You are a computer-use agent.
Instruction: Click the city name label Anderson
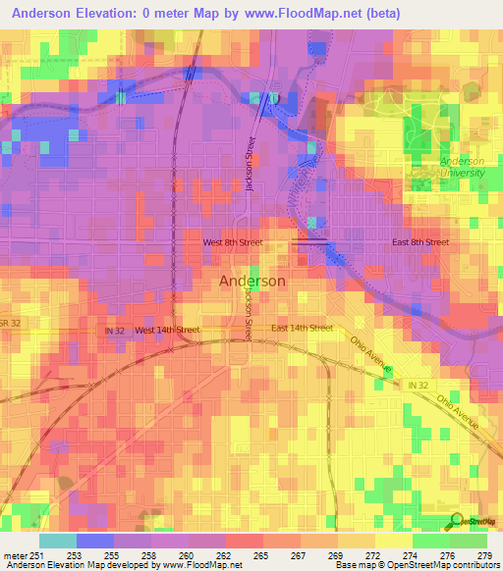252,281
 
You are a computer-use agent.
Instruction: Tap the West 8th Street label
232,241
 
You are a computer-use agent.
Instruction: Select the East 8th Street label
420,241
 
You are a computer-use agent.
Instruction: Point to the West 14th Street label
167,331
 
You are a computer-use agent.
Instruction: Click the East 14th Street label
302,328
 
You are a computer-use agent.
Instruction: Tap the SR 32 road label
9,323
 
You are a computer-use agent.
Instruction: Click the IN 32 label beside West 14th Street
115,331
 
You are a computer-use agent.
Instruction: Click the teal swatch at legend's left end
57,541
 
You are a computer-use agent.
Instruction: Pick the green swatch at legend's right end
468,541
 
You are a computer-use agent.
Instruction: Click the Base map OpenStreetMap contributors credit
417,564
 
